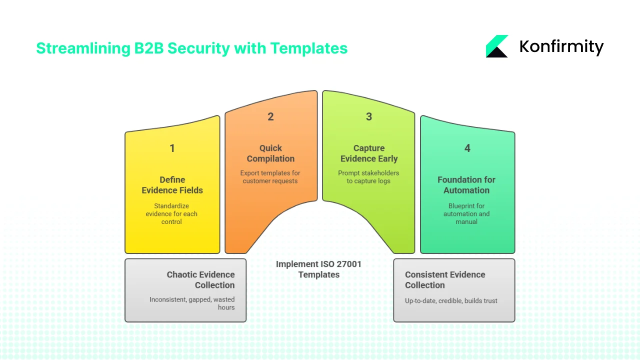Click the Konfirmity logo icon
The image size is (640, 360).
pos(497,46)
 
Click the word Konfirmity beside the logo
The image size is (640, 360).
pos(561,46)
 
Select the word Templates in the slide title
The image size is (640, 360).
pos(308,48)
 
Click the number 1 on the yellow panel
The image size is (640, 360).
pos(172,148)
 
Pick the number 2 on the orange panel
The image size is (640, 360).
pos(270,116)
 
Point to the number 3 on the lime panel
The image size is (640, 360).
pos(369,116)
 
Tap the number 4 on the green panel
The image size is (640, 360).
pos(467,148)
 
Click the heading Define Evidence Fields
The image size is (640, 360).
pos(172,184)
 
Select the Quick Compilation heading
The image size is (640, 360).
pos(270,153)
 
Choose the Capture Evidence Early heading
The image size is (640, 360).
pos(369,153)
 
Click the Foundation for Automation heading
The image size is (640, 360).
pos(466,184)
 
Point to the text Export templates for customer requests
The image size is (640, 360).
pos(270,177)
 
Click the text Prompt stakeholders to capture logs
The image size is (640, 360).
pos(369,177)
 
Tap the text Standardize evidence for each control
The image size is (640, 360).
pos(171,214)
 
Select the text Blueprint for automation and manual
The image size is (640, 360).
pos(466,214)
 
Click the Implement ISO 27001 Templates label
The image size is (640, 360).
pos(318,269)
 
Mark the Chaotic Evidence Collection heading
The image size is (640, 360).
pos(200,279)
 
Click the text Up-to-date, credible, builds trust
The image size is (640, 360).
pos(451,300)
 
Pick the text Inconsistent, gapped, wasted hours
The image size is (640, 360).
pos(192,303)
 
